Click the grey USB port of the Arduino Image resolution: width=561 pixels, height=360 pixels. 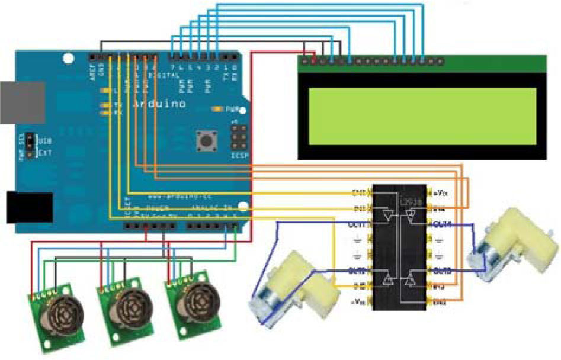coord(18,102)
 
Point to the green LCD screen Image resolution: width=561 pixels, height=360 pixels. coord(422,115)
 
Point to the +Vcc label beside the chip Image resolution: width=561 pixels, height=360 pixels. coord(441,192)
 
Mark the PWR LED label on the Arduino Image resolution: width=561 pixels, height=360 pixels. coord(229,109)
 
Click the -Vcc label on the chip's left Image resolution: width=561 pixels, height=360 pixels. coord(359,303)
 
